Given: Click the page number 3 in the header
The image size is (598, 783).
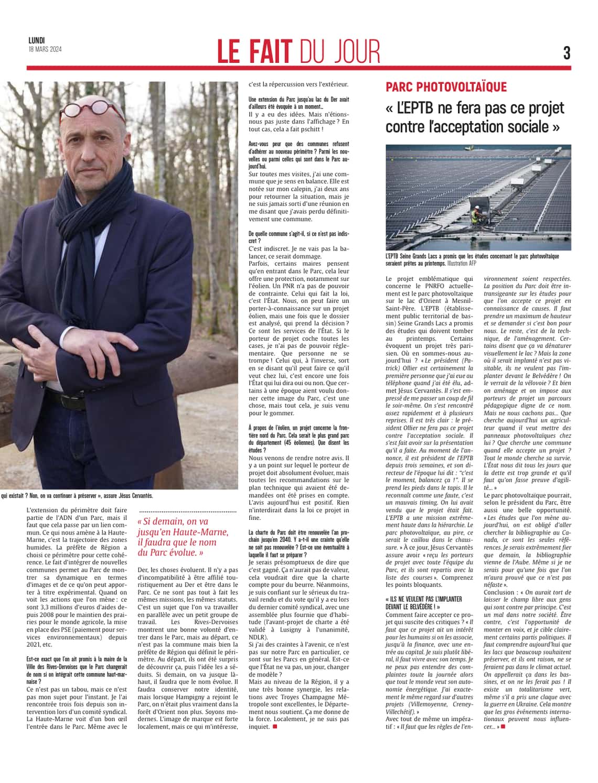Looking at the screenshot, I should pos(567,52).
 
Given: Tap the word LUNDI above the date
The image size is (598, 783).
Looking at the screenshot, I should pos(37,40).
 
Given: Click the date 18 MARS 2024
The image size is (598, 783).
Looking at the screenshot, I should pos(45,49).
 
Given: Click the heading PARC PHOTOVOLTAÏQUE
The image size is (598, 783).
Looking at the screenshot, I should pos(446,87).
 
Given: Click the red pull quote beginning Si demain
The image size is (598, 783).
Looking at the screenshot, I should pos(183,537).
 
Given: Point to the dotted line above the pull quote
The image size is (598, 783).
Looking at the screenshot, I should pos(188,510).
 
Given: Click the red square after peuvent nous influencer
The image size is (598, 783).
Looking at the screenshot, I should pos(503,726).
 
